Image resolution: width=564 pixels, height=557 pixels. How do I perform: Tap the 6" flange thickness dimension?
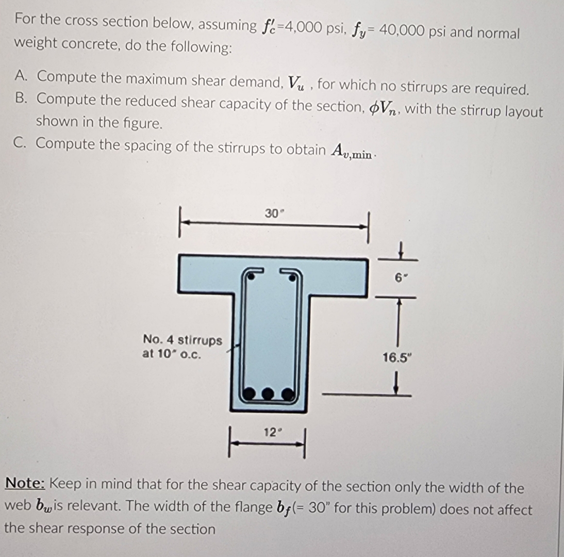coord(399,277)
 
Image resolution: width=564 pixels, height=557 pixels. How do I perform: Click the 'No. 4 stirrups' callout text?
coord(182,340)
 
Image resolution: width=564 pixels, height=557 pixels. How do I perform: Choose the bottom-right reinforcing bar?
coord(287,395)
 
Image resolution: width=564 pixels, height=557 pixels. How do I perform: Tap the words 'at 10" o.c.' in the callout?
coord(171,355)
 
